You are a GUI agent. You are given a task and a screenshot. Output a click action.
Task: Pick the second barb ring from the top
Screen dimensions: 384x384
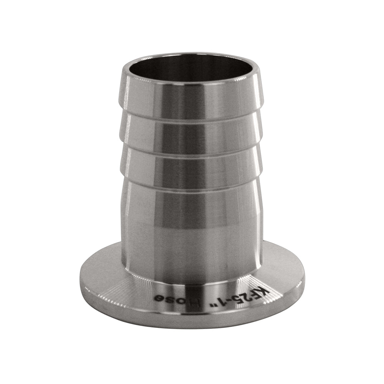tap(192, 132)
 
